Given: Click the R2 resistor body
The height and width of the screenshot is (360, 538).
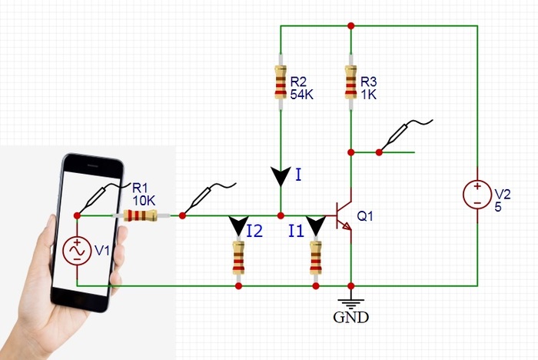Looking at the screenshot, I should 281,83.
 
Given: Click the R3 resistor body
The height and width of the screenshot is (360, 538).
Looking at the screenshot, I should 350,83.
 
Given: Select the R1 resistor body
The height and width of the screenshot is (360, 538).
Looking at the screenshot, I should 141,216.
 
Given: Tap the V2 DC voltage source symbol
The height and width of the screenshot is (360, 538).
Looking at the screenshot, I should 477,194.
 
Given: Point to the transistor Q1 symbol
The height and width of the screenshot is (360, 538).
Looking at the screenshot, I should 343,216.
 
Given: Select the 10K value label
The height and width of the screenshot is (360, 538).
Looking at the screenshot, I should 143,199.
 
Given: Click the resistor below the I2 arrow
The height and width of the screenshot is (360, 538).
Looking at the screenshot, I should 238,258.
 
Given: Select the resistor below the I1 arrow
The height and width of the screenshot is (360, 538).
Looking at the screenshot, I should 315,258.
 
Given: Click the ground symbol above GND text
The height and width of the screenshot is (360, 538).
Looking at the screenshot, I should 350,300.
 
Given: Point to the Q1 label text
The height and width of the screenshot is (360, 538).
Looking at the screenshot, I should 366,217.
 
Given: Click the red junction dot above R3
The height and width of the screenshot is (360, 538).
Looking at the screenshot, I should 350,26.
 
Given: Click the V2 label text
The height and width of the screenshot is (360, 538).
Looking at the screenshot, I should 501,192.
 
